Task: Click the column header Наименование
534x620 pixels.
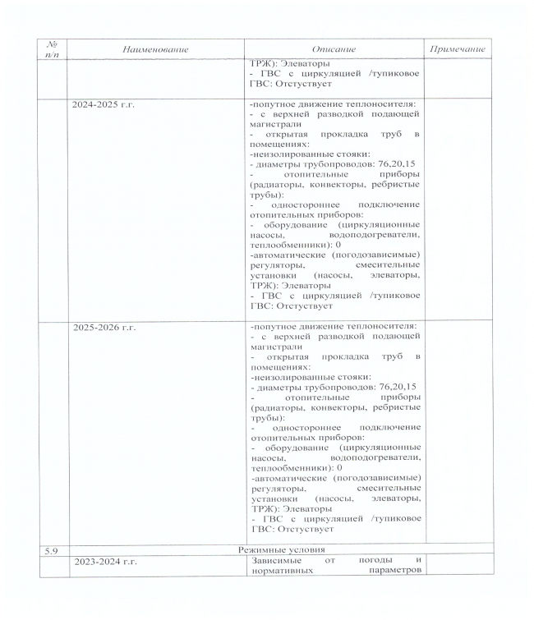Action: click(144, 49)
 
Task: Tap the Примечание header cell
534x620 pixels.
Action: click(458, 49)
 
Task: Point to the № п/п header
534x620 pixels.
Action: click(52, 49)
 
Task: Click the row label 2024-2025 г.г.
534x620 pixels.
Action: click(104, 105)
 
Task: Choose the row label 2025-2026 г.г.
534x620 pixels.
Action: click(104, 327)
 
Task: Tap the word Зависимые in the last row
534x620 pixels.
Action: click(273, 560)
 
